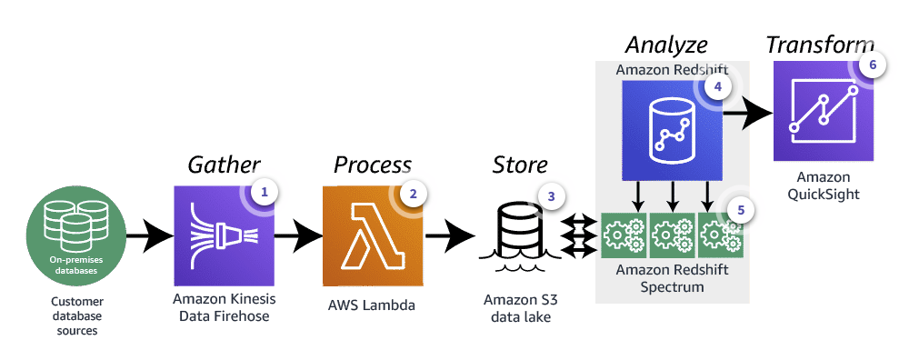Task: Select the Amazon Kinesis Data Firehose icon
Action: [223, 236]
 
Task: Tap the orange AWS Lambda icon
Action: [373, 236]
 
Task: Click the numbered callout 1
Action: [264, 192]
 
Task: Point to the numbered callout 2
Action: [414, 193]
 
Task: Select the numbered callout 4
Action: [718, 87]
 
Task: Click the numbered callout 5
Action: [741, 209]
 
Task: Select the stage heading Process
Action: [373, 165]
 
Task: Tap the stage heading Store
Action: [520, 165]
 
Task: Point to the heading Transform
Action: [821, 45]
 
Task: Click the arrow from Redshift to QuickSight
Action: [747, 113]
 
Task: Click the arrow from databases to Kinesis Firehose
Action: [148, 238]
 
